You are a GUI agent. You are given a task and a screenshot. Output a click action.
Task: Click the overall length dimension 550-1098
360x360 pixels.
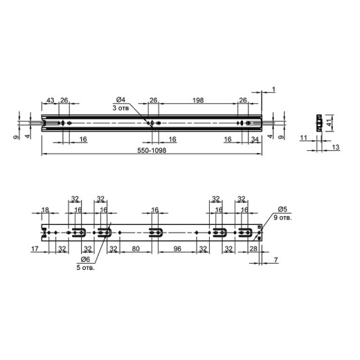tap(152, 150)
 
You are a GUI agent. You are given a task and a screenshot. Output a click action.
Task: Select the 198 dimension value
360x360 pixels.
tap(198, 100)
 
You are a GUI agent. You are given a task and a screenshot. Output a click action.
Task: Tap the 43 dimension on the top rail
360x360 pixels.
tap(51, 100)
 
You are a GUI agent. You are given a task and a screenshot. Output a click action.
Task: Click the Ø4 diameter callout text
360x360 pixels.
tap(120, 100)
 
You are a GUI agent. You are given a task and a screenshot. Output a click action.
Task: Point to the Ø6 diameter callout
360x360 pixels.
tap(85, 260)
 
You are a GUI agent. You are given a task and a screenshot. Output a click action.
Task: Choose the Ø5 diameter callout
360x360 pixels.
tap(282, 209)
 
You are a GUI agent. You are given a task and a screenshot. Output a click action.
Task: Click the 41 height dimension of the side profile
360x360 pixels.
tap(330, 123)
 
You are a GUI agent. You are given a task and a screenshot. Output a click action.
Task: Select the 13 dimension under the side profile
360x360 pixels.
tap(336, 147)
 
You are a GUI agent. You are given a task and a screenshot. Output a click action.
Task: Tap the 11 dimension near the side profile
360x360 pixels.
tap(303, 138)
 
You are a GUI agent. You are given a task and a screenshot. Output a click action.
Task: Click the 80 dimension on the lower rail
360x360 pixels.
tap(136, 249)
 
